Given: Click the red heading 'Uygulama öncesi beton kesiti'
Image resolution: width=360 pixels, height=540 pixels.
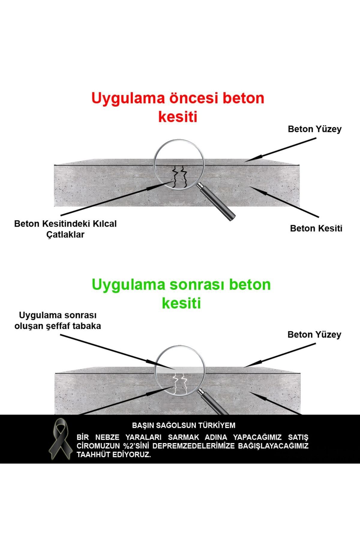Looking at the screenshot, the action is [x=178, y=107].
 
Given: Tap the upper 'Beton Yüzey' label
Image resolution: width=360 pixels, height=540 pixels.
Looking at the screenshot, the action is [x=315, y=129].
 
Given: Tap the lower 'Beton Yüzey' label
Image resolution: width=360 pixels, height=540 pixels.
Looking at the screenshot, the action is [x=314, y=335].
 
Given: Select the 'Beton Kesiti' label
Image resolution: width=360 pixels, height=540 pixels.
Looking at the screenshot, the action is [x=316, y=229].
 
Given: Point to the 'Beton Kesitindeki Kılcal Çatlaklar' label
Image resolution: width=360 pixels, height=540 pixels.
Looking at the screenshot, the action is [x=65, y=229].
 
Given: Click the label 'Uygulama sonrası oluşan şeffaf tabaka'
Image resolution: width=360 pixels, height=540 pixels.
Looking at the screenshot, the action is [x=58, y=321].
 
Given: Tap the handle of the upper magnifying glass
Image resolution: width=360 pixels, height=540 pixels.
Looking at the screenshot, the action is [x=216, y=202].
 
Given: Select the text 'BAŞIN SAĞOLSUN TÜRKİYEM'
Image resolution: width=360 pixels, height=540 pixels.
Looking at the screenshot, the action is [x=184, y=425].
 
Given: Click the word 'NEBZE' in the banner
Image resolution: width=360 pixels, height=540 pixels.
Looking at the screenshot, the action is [x=107, y=437].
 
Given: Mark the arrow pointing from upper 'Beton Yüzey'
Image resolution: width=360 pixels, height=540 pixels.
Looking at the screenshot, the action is [x=280, y=150].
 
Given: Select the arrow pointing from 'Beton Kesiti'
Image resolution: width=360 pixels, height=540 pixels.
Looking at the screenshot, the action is [x=283, y=201].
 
